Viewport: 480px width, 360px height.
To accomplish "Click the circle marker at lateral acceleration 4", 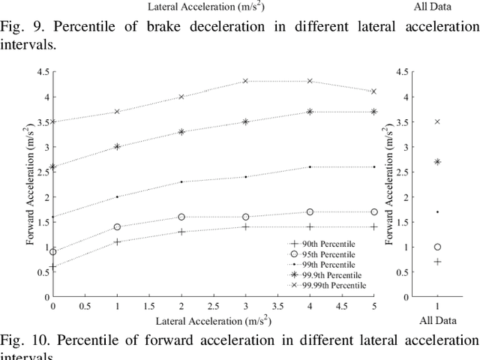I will click(x=310, y=212).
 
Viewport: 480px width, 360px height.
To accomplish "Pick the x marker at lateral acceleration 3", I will click(x=245, y=81).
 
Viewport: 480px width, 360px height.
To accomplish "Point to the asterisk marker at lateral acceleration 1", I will click(x=117, y=147).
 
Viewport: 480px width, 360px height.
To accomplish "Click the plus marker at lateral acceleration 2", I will click(x=181, y=232).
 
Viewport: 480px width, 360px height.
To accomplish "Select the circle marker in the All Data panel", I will click(x=437, y=247).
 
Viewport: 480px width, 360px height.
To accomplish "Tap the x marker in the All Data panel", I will click(x=437, y=121).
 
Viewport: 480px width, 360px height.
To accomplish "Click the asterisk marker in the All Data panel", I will click(x=437, y=161).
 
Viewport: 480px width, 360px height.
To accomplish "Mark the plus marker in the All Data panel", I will click(x=437, y=262).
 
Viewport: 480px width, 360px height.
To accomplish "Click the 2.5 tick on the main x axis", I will click(x=213, y=306).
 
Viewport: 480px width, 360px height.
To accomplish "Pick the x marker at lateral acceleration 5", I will click(x=373, y=91).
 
